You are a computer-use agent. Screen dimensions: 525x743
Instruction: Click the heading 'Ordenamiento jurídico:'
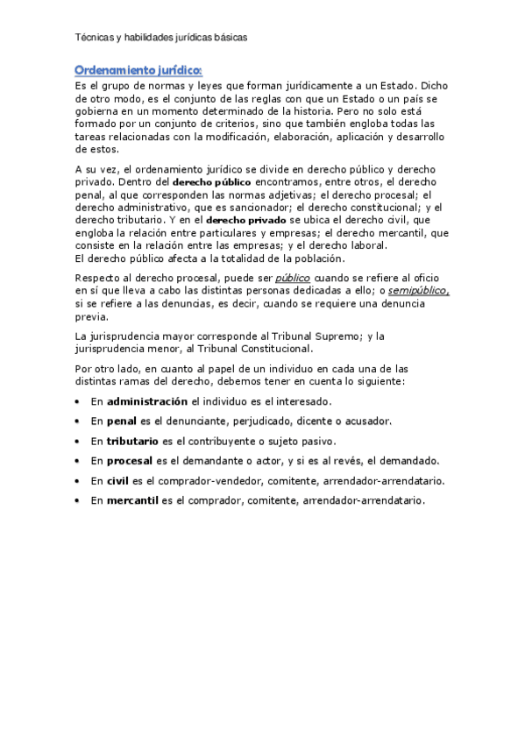pos(138,69)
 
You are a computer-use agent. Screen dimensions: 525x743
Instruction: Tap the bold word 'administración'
pos(147,401)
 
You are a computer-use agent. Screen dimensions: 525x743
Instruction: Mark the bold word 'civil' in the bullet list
pos(117,481)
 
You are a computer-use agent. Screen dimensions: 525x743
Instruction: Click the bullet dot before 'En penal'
pos(78,421)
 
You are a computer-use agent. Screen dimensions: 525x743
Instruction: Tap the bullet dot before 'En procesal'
pos(78,461)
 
